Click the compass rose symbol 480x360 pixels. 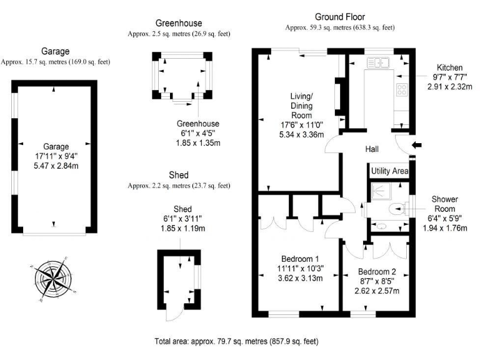point(54,277)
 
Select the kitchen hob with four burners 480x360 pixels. point(401,89)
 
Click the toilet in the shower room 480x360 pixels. point(396,209)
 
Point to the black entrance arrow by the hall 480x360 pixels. point(417,146)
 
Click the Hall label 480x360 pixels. point(375,149)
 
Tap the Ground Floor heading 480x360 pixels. point(339,17)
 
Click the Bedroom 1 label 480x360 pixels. point(301,259)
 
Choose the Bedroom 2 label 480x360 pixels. point(377,272)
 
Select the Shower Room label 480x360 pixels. point(444,204)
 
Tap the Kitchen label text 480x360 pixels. point(449,67)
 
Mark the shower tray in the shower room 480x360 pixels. point(379,192)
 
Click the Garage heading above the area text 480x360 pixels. point(56,51)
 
